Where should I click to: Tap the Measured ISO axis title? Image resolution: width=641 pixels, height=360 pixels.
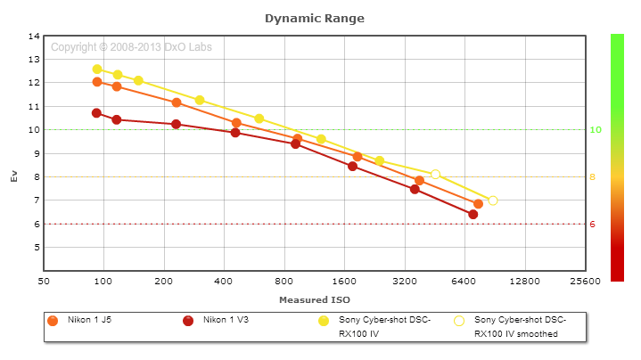coord(314,299)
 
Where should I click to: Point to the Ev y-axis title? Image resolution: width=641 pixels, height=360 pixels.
coord(13,176)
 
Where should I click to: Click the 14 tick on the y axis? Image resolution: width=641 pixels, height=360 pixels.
coord(35,36)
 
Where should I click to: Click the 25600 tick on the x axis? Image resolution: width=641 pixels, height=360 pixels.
coord(584,281)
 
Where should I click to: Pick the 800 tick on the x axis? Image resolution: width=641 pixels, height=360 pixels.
coord(284,281)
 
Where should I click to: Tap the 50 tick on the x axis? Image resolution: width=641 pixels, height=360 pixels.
coord(44,281)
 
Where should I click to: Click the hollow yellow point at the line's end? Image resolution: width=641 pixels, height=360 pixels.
coord(493,200)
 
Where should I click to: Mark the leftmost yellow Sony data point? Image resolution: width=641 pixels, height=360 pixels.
coord(97,69)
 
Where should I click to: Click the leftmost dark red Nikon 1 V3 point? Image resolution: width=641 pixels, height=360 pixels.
coord(96,113)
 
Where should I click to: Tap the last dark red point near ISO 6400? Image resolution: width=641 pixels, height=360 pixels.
coord(473,215)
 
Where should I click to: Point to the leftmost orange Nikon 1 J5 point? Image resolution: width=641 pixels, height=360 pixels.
coord(97,82)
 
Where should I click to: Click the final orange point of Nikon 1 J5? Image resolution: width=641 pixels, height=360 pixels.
coord(478,204)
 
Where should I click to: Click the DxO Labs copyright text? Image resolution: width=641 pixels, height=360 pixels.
coord(131,47)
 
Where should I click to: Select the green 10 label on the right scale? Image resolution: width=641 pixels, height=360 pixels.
coord(596,129)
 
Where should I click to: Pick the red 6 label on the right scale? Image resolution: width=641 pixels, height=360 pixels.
coord(593,224)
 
